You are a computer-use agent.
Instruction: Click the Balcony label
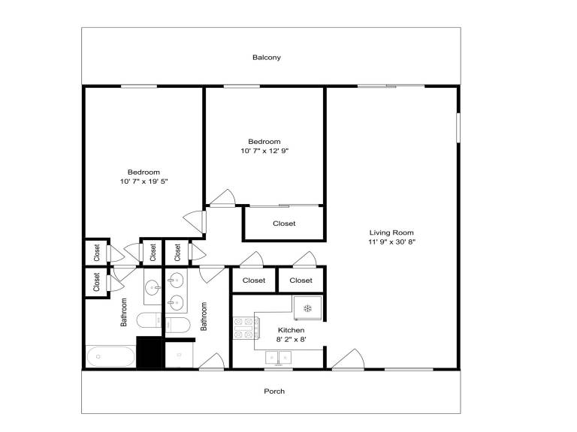point(267,57)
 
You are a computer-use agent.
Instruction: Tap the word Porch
point(274,391)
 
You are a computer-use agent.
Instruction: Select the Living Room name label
point(391,232)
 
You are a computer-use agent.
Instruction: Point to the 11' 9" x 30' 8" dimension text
point(391,241)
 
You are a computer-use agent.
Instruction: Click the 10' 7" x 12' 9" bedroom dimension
point(264,151)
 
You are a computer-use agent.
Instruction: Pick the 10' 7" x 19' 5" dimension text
point(144,181)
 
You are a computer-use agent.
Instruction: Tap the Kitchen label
point(291,330)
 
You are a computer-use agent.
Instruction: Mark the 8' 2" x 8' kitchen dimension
point(291,340)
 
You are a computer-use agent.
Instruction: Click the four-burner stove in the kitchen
point(246,328)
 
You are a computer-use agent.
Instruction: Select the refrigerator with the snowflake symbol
point(307,307)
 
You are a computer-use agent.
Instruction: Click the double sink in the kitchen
point(279,358)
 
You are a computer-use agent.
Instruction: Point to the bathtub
point(110,356)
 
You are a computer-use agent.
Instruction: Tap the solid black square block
point(149,352)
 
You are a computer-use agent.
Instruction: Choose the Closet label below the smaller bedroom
point(284,223)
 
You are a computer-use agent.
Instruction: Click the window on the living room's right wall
point(458,127)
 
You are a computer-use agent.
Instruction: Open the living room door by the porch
point(348,359)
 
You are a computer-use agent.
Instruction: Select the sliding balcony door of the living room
point(391,86)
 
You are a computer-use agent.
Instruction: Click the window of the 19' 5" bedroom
point(139,87)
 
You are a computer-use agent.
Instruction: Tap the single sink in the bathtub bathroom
point(153,286)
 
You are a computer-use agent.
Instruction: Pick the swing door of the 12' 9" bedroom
point(222,198)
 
